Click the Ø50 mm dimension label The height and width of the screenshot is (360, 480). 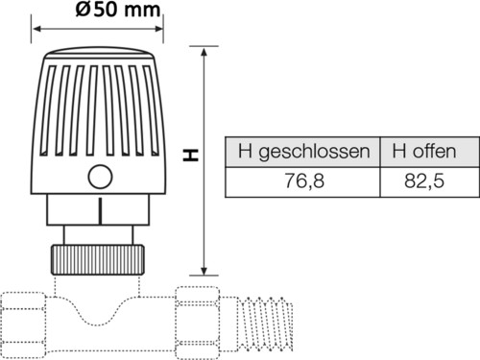click(x=118, y=10)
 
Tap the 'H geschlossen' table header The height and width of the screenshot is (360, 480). click(x=303, y=152)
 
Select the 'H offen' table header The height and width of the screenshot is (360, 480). click(x=424, y=151)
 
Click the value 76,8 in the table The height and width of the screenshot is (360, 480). click(x=304, y=180)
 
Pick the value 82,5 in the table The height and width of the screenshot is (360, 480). click(x=424, y=180)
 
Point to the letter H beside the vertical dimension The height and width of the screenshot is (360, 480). click(x=191, y=155)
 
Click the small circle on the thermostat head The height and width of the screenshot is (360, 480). click(x=100, y=177)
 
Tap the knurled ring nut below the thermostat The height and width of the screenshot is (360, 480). click(x=98, y=260)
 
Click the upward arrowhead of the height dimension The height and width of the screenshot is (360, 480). click(x=204, y=51)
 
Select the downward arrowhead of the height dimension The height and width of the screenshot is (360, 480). click(x=204, y=271)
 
